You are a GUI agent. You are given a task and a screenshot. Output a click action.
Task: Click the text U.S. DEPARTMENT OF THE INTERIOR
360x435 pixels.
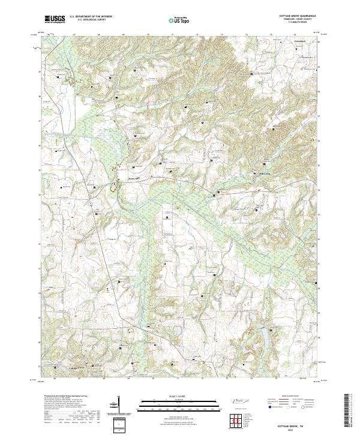90,17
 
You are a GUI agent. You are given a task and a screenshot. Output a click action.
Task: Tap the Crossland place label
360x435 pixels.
299,41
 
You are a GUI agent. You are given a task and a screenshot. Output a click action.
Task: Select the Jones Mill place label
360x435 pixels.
133,178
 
